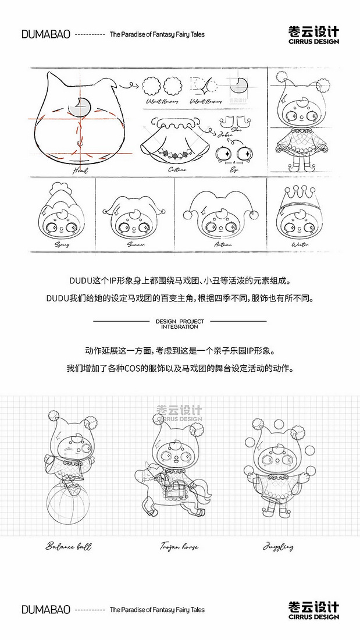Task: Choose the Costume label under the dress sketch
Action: tap(177, 169)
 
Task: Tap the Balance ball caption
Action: tap(69, 546)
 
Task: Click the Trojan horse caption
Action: tap(179, 546)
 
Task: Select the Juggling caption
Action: tap(278, 546)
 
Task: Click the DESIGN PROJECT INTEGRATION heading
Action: tap(180, 323)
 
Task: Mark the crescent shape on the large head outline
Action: tap(79, 106)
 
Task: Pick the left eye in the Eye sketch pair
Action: tap(223, 154)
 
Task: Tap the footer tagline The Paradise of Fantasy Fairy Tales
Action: tap(157, 610)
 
